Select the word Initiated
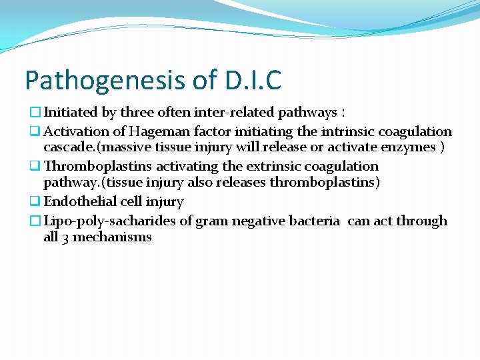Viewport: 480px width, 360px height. pyautogui.click(x=70, y=113)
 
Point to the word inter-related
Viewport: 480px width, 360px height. pyautogui.click(x=233, y=113)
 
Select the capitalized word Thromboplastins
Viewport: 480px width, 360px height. pyautogui.click(x=98, y=166)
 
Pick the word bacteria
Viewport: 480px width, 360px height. pyautogui.click(x=314, y=221)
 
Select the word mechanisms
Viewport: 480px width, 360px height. pyautogui.click(x=112, y=237)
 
